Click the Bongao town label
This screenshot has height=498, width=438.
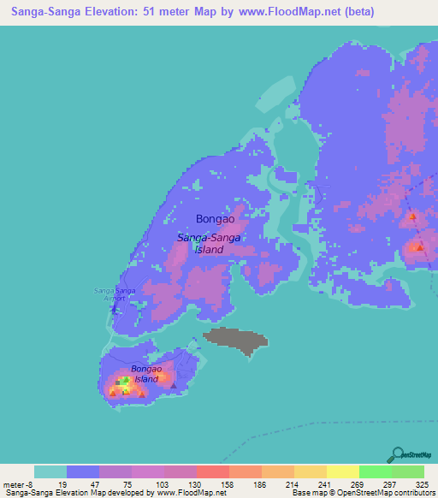click(215, 219)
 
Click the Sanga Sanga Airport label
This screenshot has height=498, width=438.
click(115, 293)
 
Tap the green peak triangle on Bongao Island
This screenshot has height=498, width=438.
click(124, 379)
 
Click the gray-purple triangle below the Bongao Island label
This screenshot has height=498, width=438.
click(174, 386)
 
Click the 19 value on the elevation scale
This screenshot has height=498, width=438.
click(63, 483)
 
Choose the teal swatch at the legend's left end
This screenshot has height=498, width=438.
click(50, 471)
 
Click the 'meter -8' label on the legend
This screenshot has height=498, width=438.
click(17, 483)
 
